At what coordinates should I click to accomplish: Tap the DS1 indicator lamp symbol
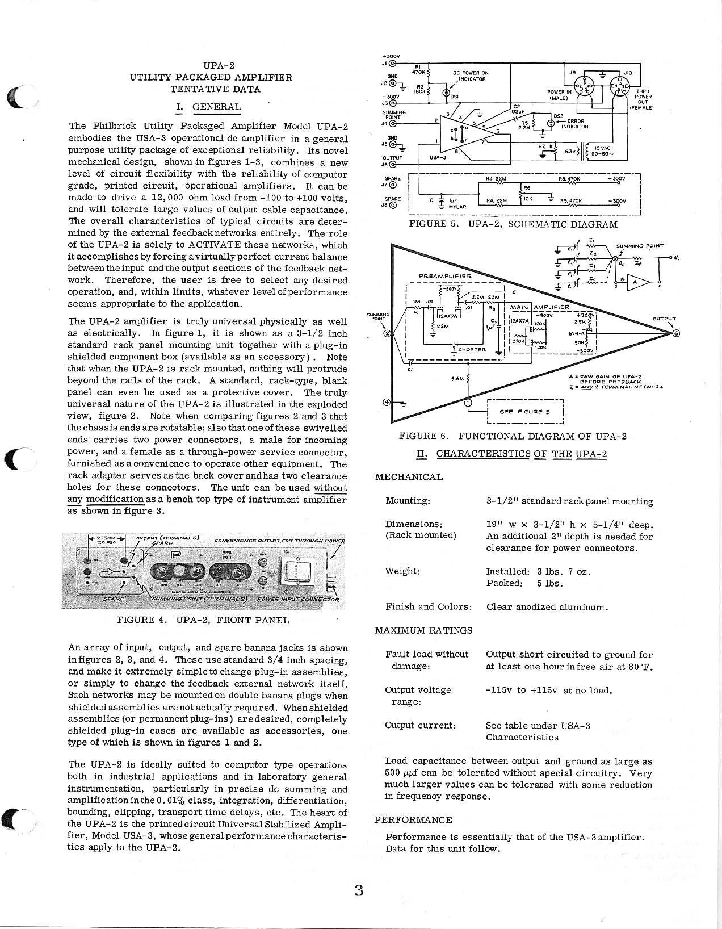click(447, 93)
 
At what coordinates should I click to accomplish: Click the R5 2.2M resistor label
click(524, 124)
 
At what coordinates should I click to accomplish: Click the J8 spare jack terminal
click(392, 205)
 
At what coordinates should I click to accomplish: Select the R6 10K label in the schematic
click(527, 194)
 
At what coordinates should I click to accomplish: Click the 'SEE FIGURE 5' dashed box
click(524, 412)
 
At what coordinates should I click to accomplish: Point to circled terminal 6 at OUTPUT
click(675, 333)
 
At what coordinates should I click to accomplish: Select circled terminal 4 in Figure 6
click(387, 402)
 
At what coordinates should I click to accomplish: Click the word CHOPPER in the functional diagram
click(472, 350)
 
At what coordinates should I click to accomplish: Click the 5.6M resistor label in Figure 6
click(457, 379)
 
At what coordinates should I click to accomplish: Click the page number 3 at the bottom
click(358, 890)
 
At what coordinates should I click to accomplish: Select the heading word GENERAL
click(216, 107)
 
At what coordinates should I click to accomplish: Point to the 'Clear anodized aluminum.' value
click(547, 607)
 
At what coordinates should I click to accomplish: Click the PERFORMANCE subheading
click(413, 820)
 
